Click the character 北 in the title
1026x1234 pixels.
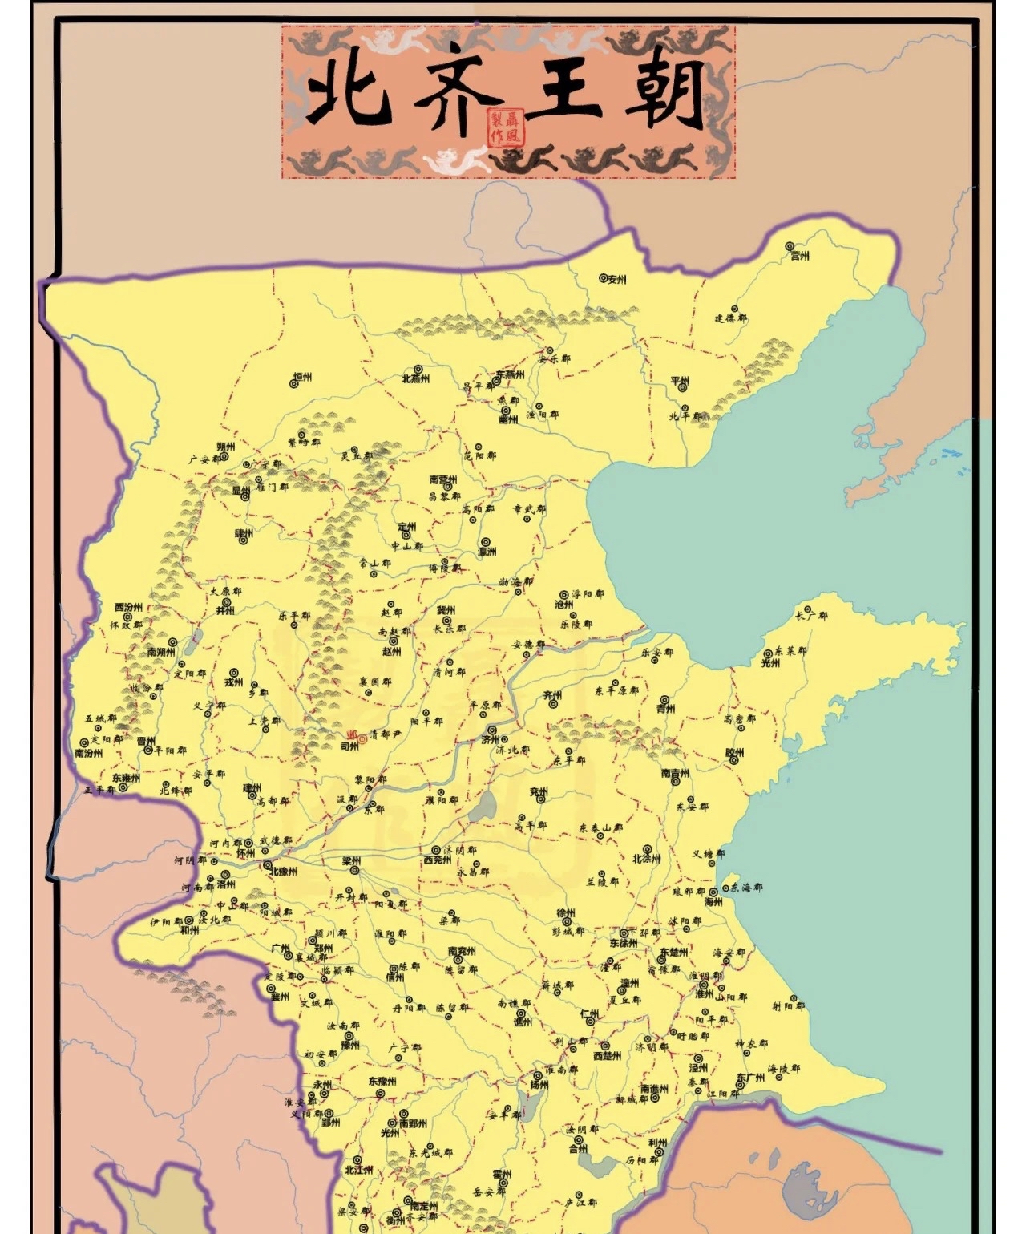point(349,95)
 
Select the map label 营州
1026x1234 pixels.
point(799,256)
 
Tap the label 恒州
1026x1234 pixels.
point(301,377)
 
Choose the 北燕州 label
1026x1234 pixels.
point(416,378)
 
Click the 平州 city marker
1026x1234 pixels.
point(683,387)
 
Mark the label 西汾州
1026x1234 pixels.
point(128,607)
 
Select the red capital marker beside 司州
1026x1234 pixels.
point(362,738)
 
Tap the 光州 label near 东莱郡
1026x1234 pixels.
point(770,663)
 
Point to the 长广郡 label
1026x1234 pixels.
point(810,616)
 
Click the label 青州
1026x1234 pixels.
point(665,709)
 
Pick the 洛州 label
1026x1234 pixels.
point(227,884)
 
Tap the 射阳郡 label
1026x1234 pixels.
point(787,1005)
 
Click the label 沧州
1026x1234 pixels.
point(564,605)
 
